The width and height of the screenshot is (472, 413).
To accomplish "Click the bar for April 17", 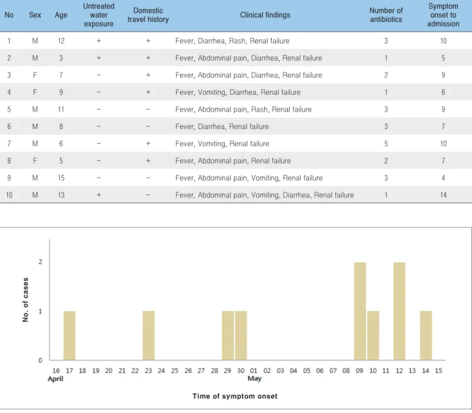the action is point(69,335).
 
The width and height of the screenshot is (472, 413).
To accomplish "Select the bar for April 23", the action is point(148,335).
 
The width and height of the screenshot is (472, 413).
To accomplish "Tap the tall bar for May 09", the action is point(360,311).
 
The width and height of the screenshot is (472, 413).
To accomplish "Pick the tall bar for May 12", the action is point(400,311).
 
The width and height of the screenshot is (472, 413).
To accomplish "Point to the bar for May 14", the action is point(426,335).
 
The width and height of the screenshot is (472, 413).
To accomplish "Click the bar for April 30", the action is point(241,335).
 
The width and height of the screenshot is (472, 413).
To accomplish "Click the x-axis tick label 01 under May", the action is point(254,371).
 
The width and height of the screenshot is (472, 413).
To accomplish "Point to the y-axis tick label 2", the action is point(40,262).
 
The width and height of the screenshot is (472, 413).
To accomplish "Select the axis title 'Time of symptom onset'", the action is point(235,396).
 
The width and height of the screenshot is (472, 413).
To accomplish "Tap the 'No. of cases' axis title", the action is point(26,300).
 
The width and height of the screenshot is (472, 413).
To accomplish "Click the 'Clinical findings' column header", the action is point(265,15).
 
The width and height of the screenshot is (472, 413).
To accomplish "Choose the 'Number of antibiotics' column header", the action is point(386,15).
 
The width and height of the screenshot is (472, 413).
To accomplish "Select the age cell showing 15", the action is point(61,178).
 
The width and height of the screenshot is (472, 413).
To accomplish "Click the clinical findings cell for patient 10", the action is point(265,195).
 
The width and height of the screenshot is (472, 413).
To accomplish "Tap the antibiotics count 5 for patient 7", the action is point(386,144).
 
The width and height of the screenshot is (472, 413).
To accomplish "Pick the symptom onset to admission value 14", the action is point(443,195).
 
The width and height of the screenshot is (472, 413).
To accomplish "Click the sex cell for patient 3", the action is point(35,75).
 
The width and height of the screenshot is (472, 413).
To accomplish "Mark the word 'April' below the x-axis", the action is point(55,379).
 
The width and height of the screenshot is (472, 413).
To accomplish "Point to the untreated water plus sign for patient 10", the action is point(99,195).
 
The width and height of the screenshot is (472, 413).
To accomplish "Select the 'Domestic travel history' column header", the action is point(148,15).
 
